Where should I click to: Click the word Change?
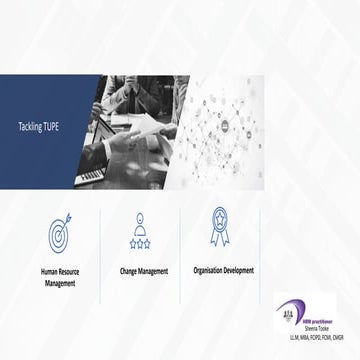pyautogui.click(x=129, y=270)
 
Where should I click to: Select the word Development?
pyautogui.click(x=238, y=269)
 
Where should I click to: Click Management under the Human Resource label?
pyautogui.click(x=60, y=283)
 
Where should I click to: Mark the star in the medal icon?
pyautogui.click(x=219, y=217)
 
